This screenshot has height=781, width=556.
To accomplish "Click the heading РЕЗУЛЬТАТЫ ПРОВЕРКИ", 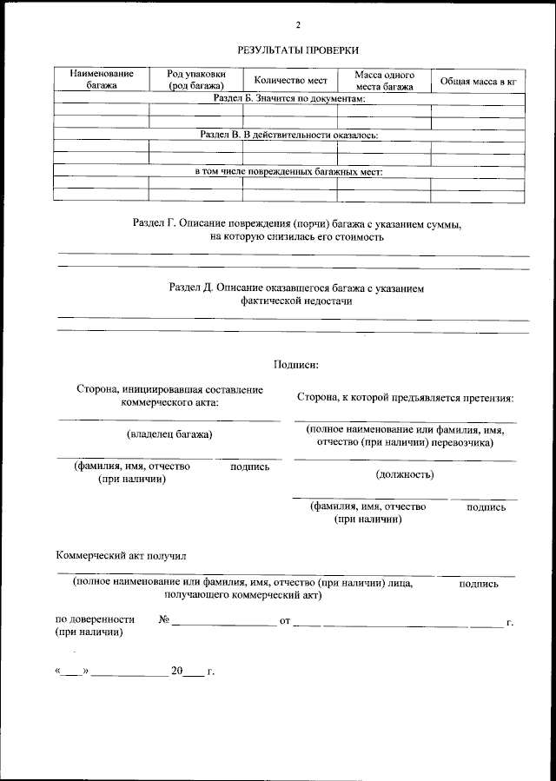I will tap(297, 50).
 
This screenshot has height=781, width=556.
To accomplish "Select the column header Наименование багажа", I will tap(102, 80).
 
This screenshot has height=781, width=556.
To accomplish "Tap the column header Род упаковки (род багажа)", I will tap(197, 80).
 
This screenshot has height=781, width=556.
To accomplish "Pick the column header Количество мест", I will tap(290, 80).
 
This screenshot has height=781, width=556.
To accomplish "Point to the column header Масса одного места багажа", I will tap(384, 80).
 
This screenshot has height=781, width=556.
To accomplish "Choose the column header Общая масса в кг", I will tap(478, 81).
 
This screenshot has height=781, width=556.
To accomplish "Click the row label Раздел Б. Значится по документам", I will tap(289, 100).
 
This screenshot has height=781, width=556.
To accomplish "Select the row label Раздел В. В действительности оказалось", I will tap(289, 136).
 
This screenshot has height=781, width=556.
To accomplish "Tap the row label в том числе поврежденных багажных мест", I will tap(289, 171).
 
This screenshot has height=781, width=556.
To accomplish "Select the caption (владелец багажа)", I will tap(169, 434).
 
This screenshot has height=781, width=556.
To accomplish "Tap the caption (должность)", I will tap(405, 474).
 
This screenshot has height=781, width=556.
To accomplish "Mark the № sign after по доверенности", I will tap(163, 619).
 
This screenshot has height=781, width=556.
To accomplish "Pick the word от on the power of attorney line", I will tap(284, 620).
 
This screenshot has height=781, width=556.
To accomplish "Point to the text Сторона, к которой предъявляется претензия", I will tap(405, 398).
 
